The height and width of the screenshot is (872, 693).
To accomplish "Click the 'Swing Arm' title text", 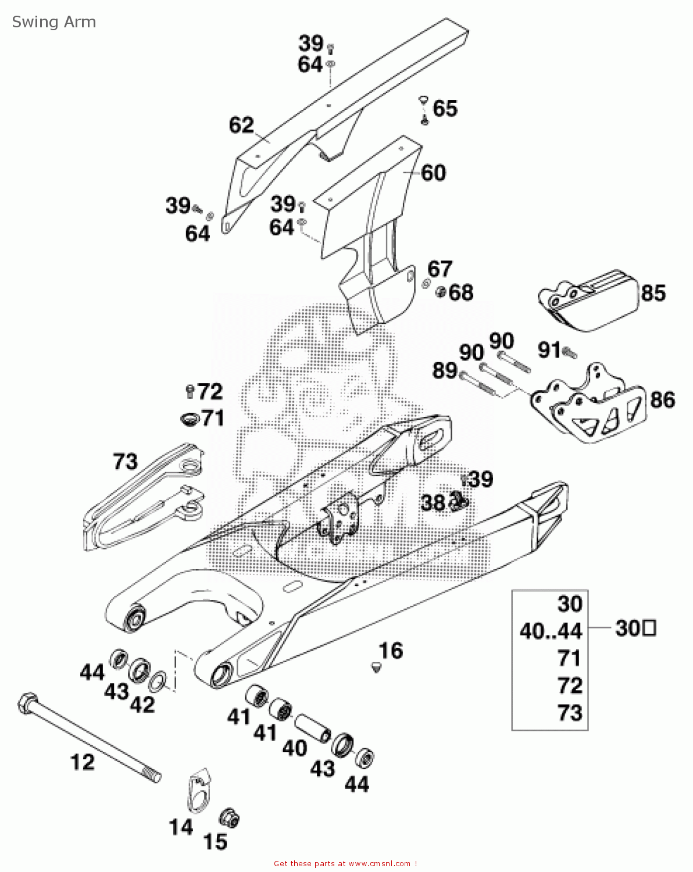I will [x=53, y=22].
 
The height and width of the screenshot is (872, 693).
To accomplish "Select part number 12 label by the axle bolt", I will [x=83, y=762].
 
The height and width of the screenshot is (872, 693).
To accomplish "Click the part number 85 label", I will [x=653, y=293].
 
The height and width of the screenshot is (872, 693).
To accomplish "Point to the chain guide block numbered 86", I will [x=587, y=406].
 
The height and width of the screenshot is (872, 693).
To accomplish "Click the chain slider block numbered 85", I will [x=587, y=301].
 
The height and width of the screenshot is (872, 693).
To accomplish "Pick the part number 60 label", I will [x=433, y=173].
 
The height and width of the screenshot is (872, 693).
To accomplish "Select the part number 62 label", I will [x=241, y=125].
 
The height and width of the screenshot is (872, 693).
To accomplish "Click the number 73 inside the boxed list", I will [x=569, y=713].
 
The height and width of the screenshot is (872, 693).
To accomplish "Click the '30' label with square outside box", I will [x=635, y=628].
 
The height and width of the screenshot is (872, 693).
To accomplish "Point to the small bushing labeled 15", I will [x=229, y=819].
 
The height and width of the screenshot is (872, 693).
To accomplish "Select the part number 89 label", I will [x=445, y=370].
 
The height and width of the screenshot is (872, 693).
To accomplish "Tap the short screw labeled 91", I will [x=569, y=351].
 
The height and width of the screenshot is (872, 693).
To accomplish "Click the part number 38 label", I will [x=433, y=502].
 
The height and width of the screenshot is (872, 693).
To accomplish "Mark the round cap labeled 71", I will [x=188, y=418].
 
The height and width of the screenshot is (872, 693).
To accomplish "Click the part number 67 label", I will [x=440, y=269].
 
